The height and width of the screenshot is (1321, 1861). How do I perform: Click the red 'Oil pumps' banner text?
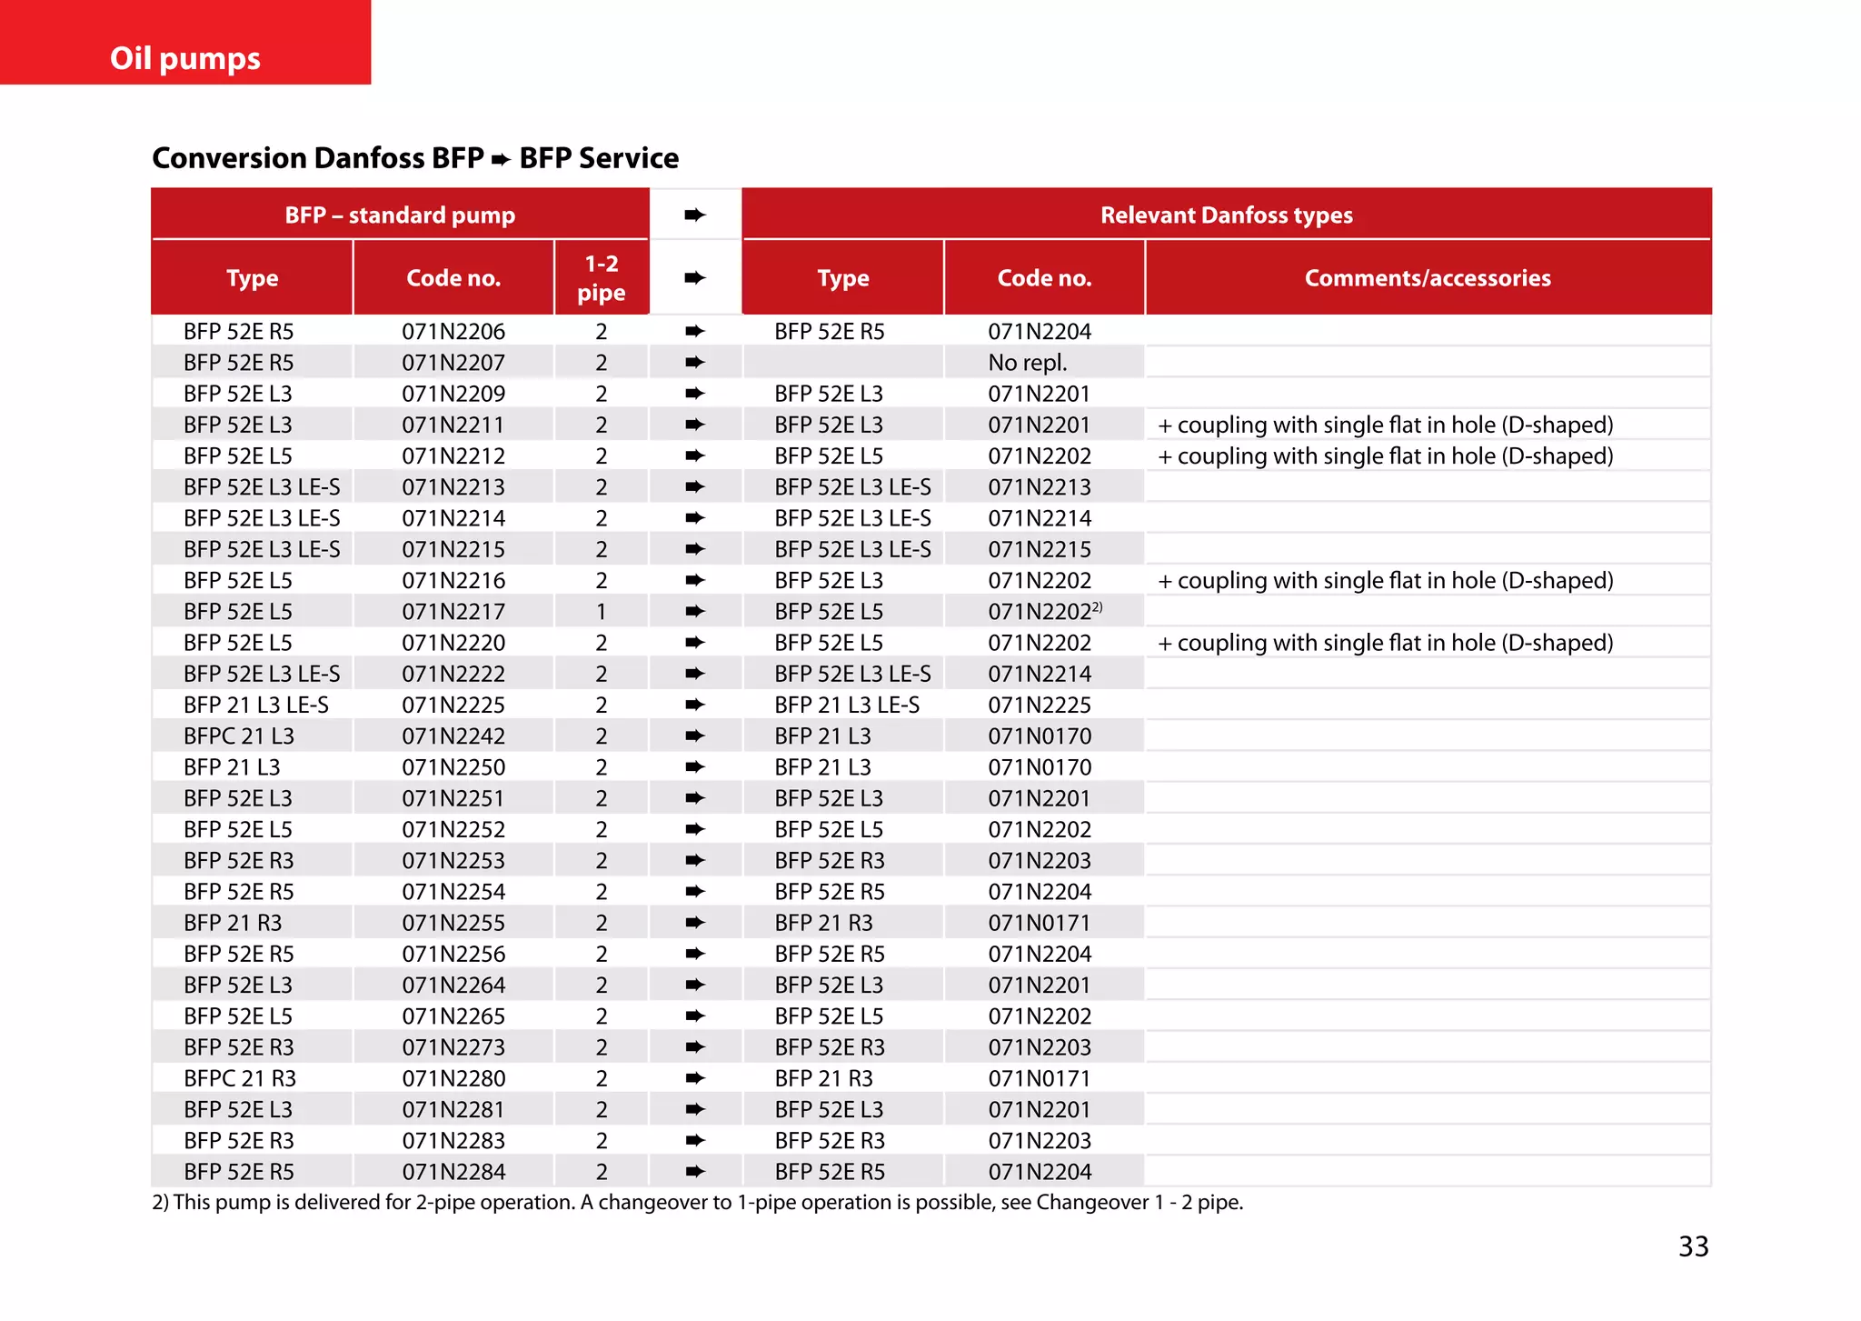pos(185,58)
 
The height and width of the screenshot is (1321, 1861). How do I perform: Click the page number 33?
pos(1693,1246)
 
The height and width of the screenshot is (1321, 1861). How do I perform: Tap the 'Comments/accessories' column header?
pos(1428,278)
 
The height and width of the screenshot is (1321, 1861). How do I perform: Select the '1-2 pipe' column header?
pos(601,278)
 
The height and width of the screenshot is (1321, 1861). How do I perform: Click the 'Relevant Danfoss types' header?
pos(1226,215)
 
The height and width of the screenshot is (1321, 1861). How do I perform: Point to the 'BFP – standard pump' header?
pos(400,215)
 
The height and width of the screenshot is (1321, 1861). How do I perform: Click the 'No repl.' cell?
pos(1027,363)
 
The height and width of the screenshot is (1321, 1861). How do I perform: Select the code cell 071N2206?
pos(453,332)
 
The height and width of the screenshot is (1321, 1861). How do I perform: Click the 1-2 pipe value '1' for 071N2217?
pos(601,612)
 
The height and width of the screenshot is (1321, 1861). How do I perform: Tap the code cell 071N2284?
pos(453,1172)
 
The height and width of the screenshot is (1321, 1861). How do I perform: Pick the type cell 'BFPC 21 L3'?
pos(239,736)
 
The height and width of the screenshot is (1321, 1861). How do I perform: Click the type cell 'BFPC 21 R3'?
pos(240,1078)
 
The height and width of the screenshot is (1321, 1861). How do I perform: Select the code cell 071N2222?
pos(453,674)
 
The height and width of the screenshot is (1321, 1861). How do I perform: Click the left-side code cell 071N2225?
pos(453,706)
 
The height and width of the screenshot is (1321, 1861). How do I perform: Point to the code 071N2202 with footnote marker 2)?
pos(1044,612)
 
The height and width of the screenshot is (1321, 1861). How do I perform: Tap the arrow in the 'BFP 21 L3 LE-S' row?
pos(695,705)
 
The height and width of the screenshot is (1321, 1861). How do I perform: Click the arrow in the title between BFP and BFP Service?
pos(501,160)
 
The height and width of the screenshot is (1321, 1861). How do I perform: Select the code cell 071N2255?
pos(453,923)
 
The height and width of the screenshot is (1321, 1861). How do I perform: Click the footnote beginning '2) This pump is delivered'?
pos(697,1203)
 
